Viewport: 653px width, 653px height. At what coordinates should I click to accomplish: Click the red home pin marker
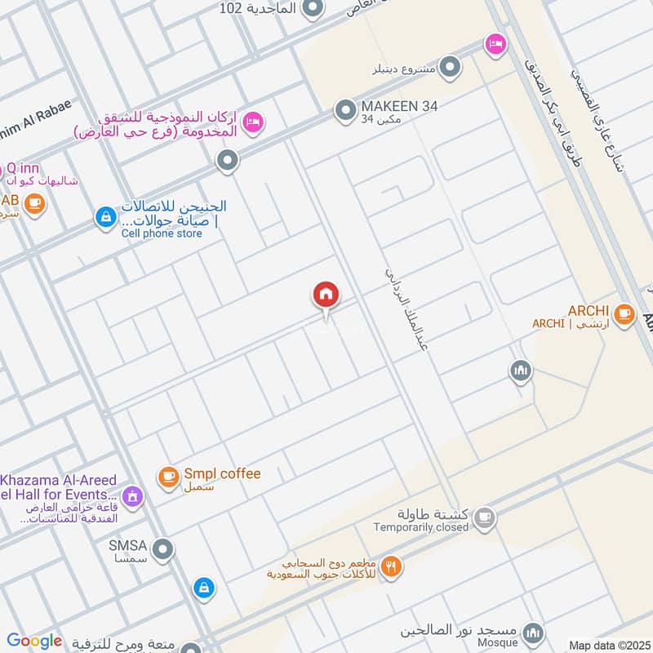coord(326,295)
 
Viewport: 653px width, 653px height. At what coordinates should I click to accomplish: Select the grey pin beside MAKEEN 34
coord(346,109)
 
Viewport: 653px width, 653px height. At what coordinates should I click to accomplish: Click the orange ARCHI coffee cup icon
coord(624,313)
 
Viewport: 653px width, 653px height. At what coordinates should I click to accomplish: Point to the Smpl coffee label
coord(222,473)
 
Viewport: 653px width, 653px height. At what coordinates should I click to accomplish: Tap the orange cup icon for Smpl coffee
coord(168,477)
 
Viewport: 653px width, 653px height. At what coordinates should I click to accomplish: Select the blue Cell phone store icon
coord(104,217)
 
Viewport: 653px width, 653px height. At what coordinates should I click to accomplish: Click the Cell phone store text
coord(162,233)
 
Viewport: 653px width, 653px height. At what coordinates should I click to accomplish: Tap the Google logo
coord(34,641)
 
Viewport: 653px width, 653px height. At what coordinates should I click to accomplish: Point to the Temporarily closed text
coord(421,527)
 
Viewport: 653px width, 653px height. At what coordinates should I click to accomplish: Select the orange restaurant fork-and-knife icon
coord(392,566)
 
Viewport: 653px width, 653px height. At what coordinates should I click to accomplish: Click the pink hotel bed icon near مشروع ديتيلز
coord(495,44)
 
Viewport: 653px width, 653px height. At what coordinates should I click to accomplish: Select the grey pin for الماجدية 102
coord(312,10)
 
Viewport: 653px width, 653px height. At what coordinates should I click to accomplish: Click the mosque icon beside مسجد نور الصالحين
coord(532,633)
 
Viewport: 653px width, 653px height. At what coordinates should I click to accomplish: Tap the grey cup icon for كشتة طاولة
coord(485,517)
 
